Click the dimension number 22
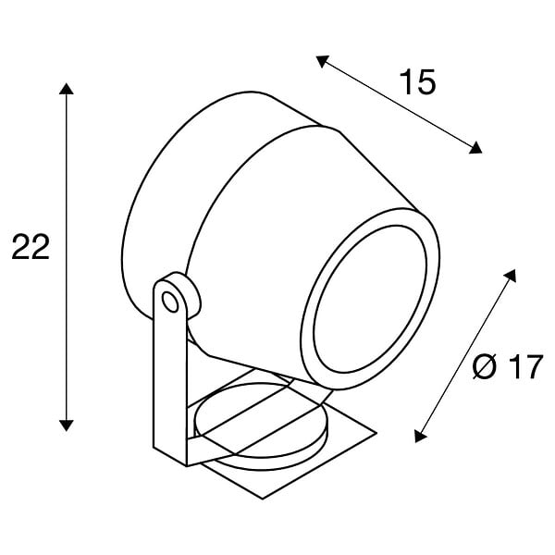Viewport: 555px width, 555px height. [x=31, y=247]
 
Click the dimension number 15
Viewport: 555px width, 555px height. [x=418, y=81]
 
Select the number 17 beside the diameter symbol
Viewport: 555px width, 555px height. [x=524, y=366]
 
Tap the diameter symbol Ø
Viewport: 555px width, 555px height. [x=485, y=366]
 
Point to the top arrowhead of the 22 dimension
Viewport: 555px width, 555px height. [x=67, y=89]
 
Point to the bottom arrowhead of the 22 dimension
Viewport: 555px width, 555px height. [x=67, y=425]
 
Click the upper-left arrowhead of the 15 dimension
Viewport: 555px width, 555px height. [x=322, y=61]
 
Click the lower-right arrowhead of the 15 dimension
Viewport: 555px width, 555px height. [x=475, y=148]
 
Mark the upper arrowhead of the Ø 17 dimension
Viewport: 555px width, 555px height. [x=511, y=275]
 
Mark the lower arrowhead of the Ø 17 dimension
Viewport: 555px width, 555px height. [x=420, y=436]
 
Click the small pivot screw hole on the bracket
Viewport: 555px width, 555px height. [x=170, y=302]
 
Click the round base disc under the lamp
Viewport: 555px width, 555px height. [x=261, y=426]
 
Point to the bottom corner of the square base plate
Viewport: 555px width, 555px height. [x=263, y=499]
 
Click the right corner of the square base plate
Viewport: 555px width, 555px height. [x=376, y=433]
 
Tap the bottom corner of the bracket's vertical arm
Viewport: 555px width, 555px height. [x=187, y=466]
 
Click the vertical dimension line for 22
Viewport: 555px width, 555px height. [x=67, y=257]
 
